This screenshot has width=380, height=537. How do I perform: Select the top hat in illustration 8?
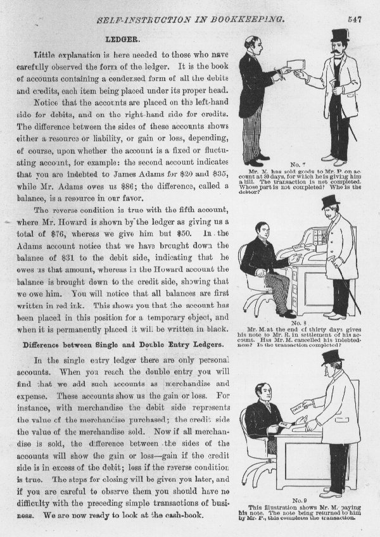point(330,201)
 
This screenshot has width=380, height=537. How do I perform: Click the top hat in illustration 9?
point(332,357)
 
